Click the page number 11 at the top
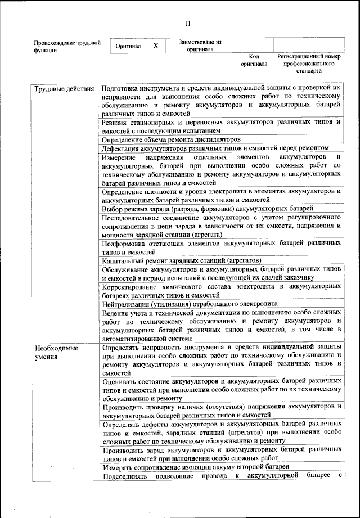[x=187, y=23]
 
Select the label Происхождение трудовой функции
[x=67, y=46]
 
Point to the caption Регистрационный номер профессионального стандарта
[x=309, y=64]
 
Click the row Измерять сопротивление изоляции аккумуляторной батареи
[x=195, y=467]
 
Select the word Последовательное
[x=131, y=217]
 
